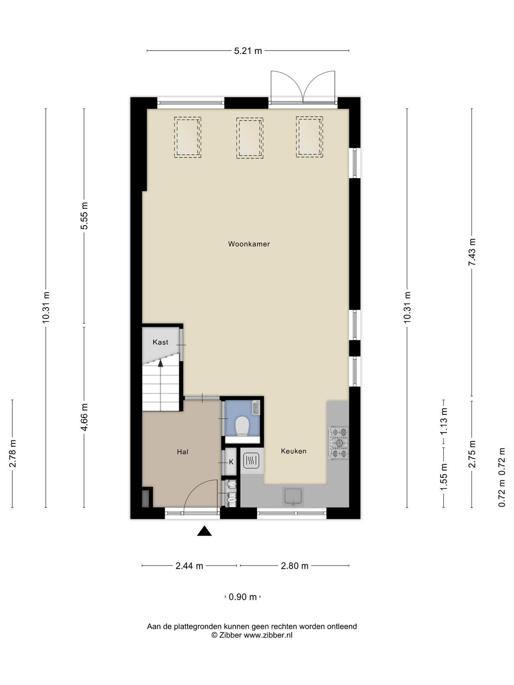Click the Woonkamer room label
(x=249, y=244)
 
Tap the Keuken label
(x=293, y=451)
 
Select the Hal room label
(x=182, y=452)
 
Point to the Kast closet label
(x=160, y=342)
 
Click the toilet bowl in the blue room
(x=242, y=426)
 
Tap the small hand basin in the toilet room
(x=256, y=408)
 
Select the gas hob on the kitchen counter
(x=338, y=443)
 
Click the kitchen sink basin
(x=293, y=496)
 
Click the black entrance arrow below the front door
(x=204, y=531)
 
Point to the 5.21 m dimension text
(x=248, y=51)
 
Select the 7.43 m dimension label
(x=472, y=252)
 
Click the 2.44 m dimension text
(x=189, y=566)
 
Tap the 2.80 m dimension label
(x=295, y=566)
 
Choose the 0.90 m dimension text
(x=242, y=597)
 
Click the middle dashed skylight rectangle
(x=250, y=138)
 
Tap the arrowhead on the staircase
(x=160, y=363)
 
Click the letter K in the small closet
(x=231, y=462)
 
